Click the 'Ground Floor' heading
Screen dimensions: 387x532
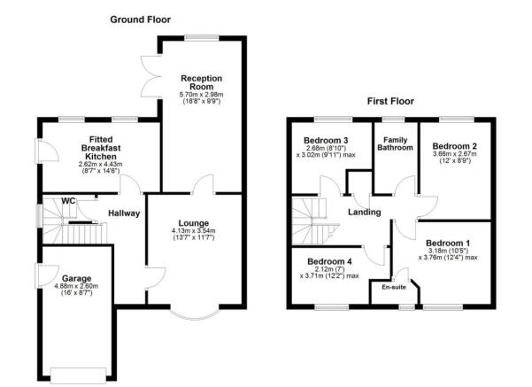[141, 19]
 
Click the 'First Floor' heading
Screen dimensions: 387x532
[391, 101]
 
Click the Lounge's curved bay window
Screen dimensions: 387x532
[191, 314]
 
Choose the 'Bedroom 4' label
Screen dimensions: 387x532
[329, 262]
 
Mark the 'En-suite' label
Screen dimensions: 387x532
[393, 286]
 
